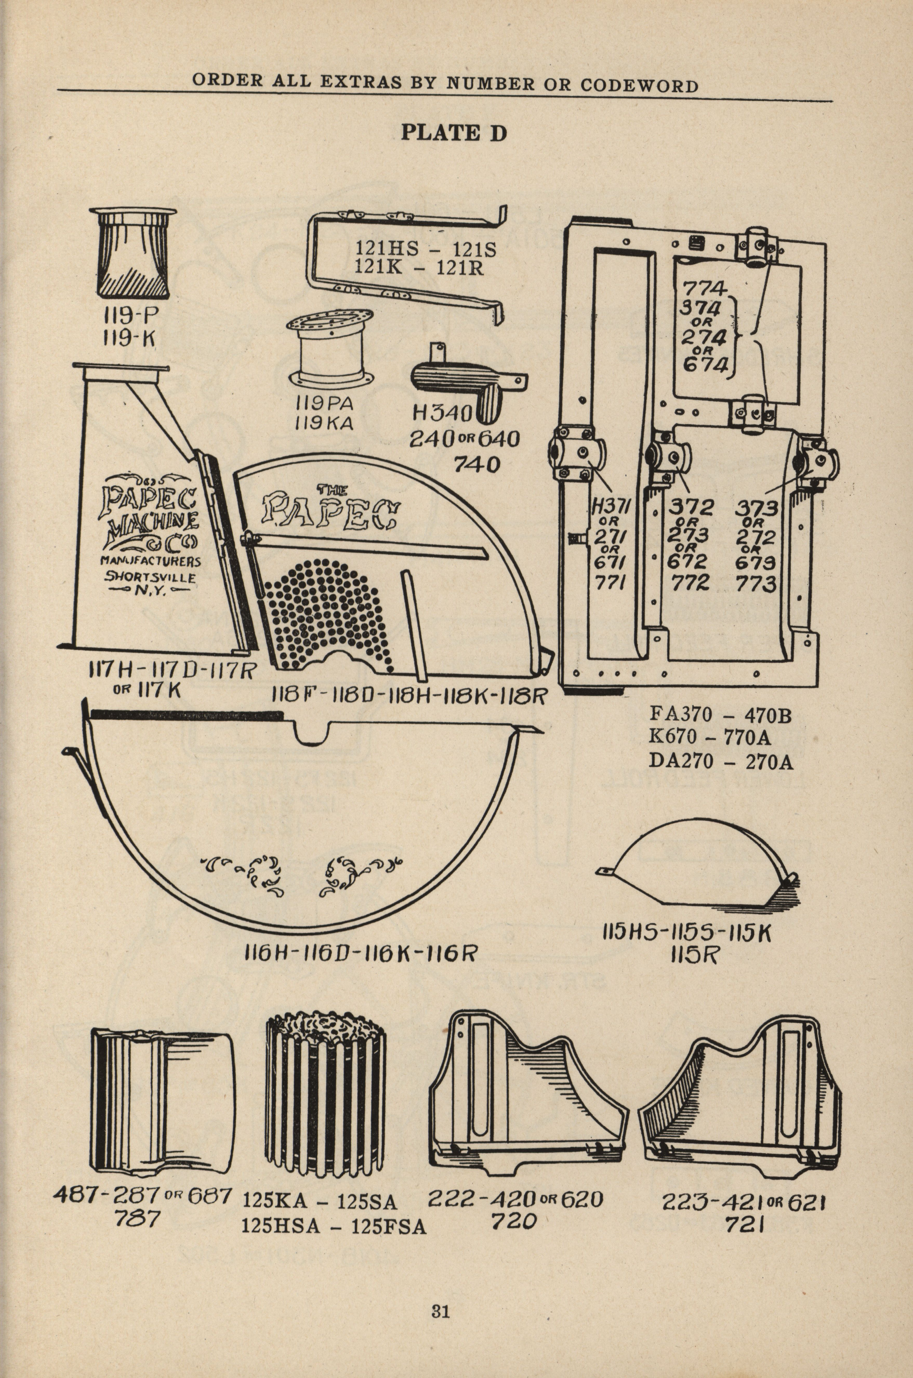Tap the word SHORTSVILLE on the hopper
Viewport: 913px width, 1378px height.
point(150,578)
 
